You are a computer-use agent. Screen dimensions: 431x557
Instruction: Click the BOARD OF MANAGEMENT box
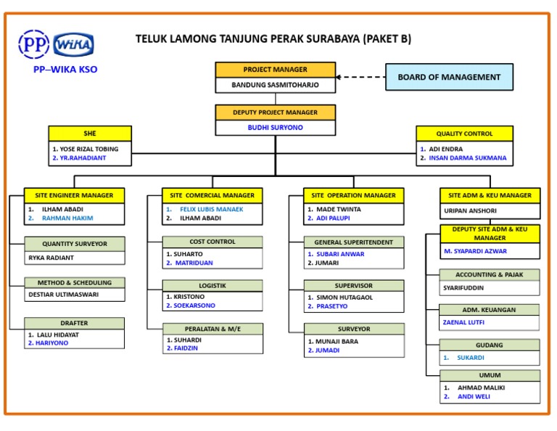point(449,77)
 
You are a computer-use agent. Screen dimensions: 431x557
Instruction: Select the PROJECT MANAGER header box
point(275,70)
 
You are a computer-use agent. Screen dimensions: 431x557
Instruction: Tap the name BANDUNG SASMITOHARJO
point(275,85)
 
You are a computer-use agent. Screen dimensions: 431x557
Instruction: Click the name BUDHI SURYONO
point(275,128)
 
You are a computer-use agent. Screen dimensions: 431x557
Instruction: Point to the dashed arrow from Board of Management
point(360,77)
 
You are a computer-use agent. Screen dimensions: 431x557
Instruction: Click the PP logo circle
point(33,45)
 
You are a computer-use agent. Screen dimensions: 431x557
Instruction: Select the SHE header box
point(90,134)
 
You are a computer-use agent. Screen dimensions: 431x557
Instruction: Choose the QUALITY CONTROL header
point(464,134)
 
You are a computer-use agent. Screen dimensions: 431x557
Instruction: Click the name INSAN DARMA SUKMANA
point(468,158)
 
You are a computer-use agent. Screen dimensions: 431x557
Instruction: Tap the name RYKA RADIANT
point(51,258)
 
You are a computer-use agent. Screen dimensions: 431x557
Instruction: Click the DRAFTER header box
point(74,323)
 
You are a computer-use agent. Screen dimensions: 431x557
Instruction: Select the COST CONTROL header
point(213,242)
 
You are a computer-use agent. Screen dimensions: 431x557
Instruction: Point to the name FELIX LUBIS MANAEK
point(212,209)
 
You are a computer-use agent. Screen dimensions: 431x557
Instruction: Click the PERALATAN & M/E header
point(213,329)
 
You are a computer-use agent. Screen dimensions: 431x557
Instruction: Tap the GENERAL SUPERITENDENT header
point(354,242)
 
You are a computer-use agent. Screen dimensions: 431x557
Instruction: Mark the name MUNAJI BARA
point(338,341)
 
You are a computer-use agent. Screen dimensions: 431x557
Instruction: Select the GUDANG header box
point(490,345)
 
